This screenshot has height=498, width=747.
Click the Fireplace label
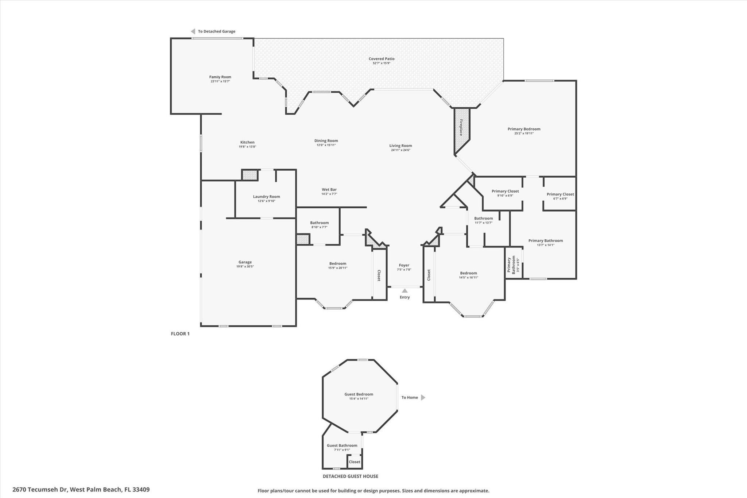[x=461, y=127]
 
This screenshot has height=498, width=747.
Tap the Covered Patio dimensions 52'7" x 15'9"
[x=382, y=63]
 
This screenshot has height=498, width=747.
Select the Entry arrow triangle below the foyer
[x=405, y=291]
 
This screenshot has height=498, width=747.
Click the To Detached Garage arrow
[x=193, y=31]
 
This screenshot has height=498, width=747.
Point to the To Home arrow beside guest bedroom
[x=423, y=397]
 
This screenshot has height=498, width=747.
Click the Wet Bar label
[x=329, y=189]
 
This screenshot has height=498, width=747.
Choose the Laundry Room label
[x=266, y=196]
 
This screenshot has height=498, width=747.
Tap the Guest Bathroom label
[x=342, y=445]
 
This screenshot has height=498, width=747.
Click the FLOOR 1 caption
[x=180, y=333]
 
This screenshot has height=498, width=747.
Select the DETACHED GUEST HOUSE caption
[x=350, y=476]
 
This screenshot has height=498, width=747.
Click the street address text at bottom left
[x=81, y=490]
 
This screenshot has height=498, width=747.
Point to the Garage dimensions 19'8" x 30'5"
[x=245, y=266]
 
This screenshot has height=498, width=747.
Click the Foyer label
[x=404, y=265]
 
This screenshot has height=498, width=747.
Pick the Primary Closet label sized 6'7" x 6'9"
[x=560, y=194]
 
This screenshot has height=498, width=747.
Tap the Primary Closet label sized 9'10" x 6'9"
[x=505, y=191]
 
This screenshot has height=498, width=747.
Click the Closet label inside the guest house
[x=354, y=462]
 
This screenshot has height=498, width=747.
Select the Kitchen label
[x=247, y=142]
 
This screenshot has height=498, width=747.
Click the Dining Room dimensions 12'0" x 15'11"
[x=326, y=145]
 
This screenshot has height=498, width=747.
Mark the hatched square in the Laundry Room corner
[x=250, y=175]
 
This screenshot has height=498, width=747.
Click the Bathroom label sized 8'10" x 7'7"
[x=319, y=223]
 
